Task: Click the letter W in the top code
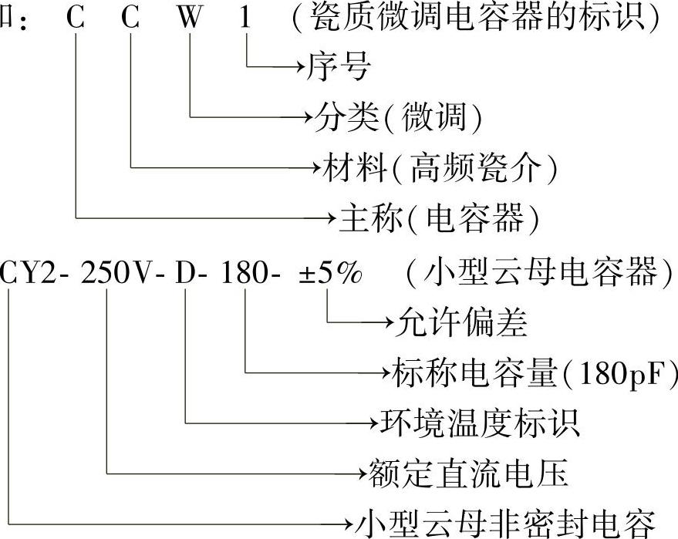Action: (x=188, y=19)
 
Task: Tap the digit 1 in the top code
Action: (x=245, y=19)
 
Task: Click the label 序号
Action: (x=339, y=68)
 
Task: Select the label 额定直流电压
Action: (x=467, y=472)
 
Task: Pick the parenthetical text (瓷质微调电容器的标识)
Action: (x=476, y=19)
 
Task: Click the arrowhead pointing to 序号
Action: (x=299, y=68)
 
